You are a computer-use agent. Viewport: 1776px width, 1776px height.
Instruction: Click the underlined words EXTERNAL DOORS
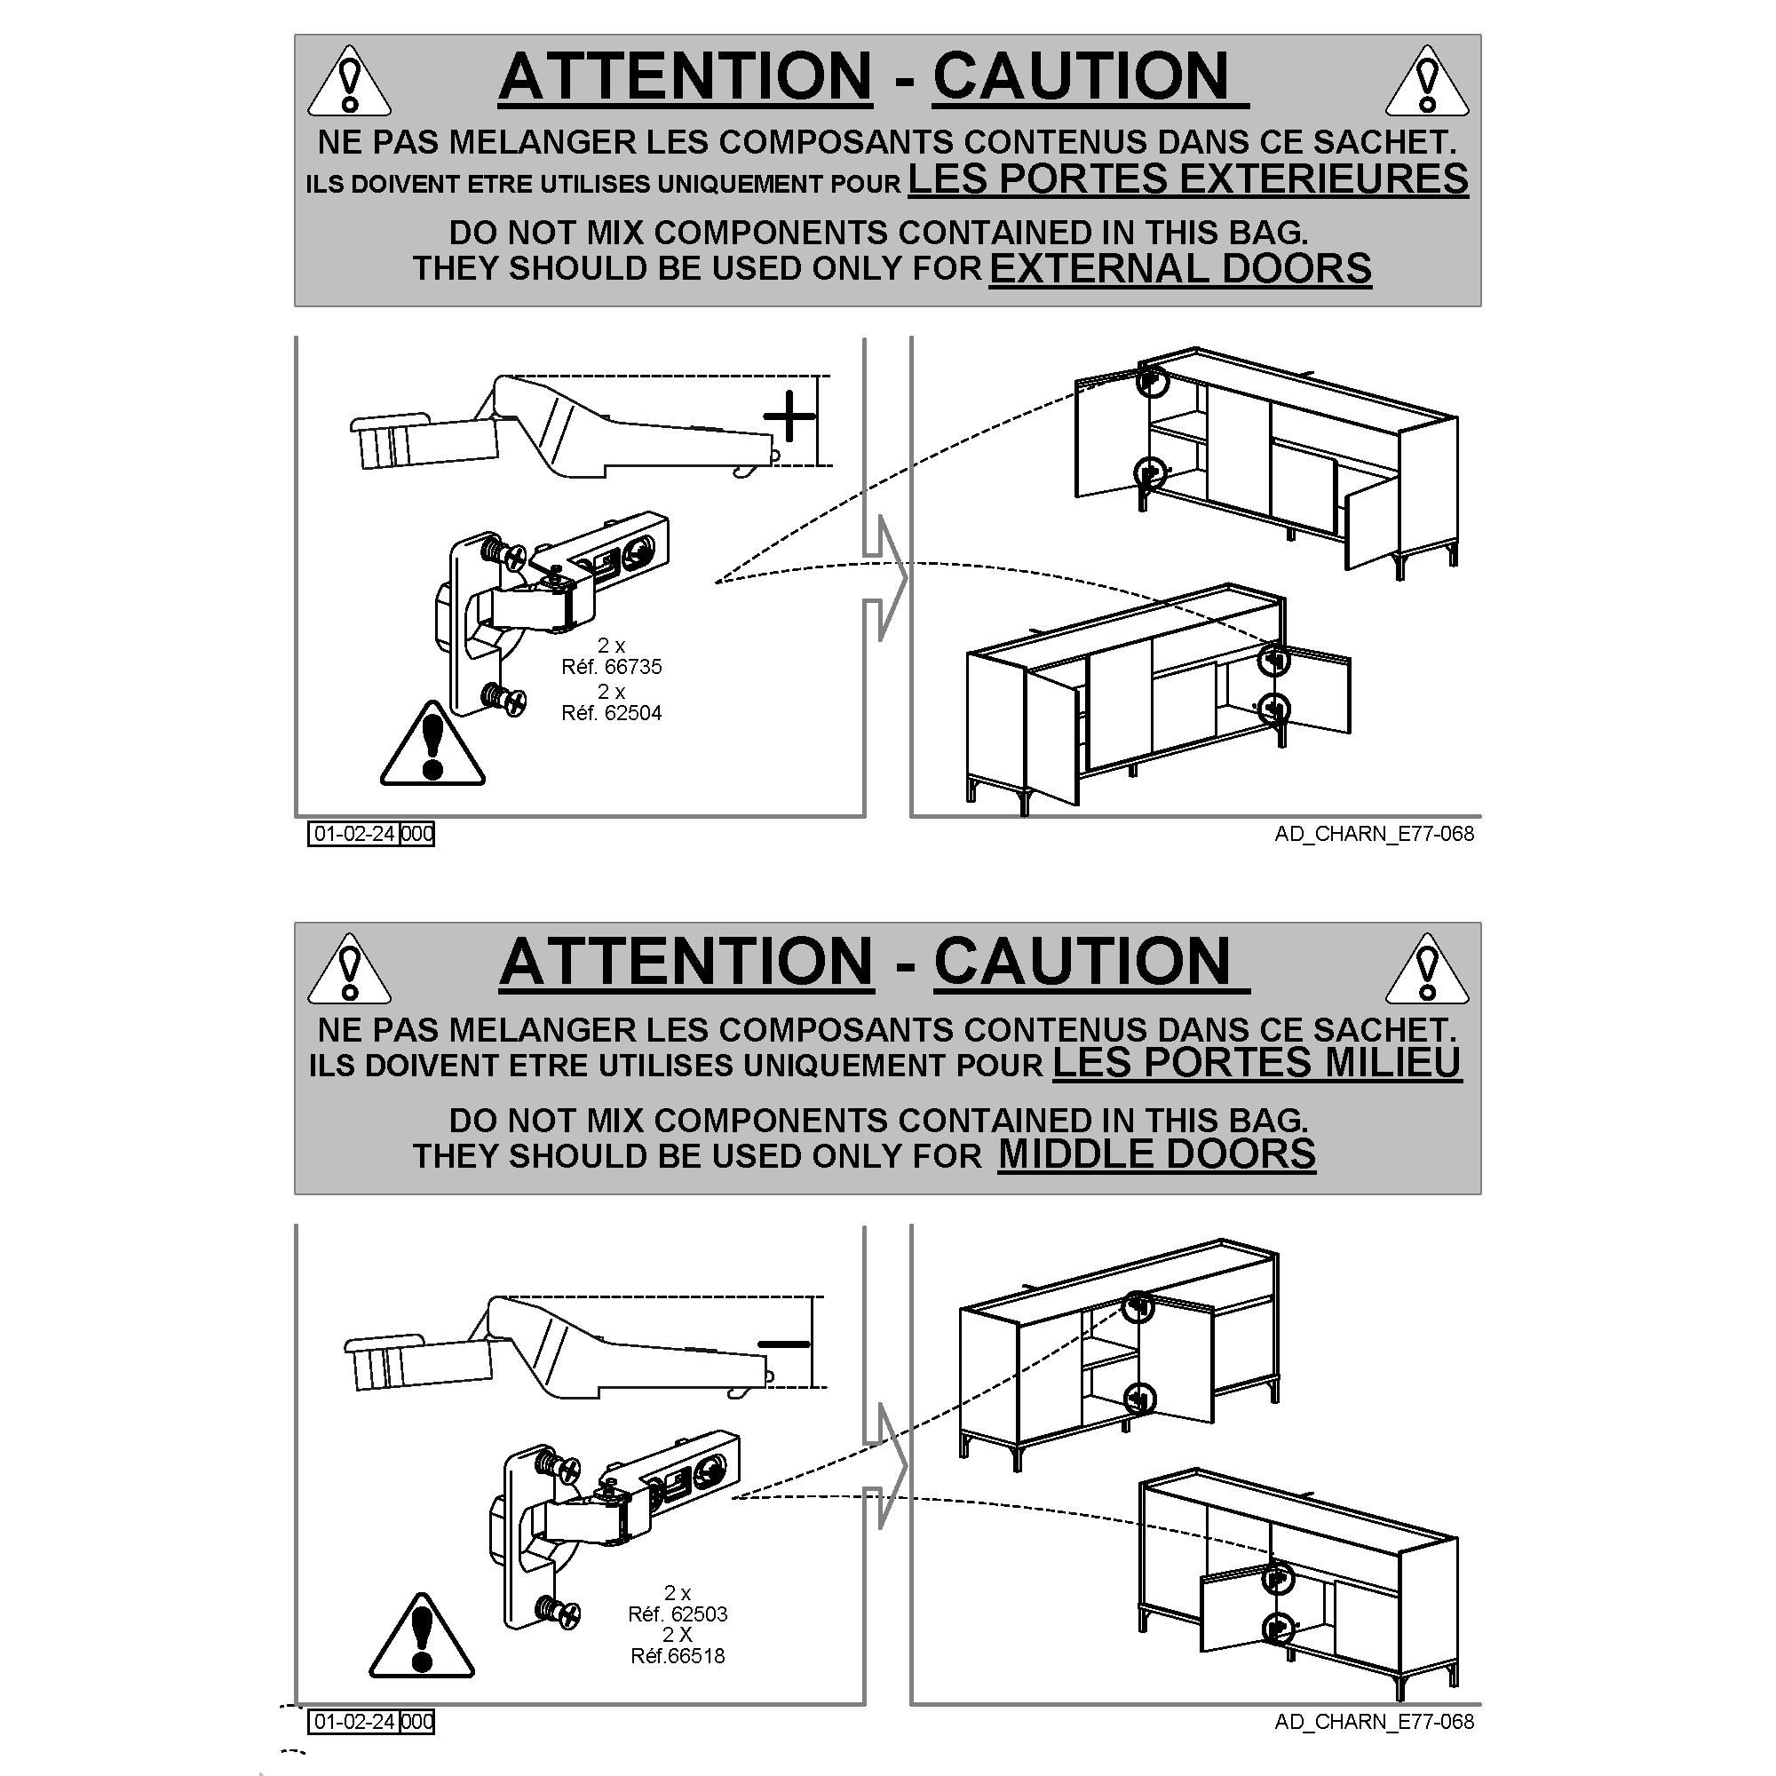pyautogui.click(x=1180, y=268)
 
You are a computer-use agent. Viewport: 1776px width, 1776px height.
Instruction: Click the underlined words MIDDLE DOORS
pyautogui.click(x=1156, y=1154)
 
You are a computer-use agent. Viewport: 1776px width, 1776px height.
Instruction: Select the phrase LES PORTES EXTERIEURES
pyautogui.click(x=1189, y=178)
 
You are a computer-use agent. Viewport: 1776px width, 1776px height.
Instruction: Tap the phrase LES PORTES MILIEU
pyautogui.click(x=1257, y=1063)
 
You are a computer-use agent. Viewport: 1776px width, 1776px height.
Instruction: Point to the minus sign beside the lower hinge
pyautogui.click(x=783, y=1344)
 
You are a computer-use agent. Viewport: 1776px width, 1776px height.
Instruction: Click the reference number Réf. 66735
pyautogui.click(x=611, y=667)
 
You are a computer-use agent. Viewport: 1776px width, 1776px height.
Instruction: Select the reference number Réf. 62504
pyautogui.click(x=611, y=712)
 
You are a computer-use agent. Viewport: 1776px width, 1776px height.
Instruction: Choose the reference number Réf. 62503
pyautogui.click(x=678, y=1613)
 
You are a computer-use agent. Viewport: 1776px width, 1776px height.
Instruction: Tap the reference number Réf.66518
pyautogui.click(x=678, y=1655)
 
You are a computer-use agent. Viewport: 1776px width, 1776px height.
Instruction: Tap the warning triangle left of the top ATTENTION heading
pyautogui.click(x=349, y=83)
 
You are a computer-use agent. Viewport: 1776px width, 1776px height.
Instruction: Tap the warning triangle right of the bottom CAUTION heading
pyautogui.click(x=1427, y=970)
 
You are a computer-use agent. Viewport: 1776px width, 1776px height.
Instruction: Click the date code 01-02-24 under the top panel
pyautogui.click(x=355, y=834)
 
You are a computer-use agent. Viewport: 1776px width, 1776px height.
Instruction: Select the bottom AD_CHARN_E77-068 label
pyautogui.click(x=1375, y=1721)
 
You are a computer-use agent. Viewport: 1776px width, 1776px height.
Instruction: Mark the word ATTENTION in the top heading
pyautogui.click(x=686, y=75)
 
